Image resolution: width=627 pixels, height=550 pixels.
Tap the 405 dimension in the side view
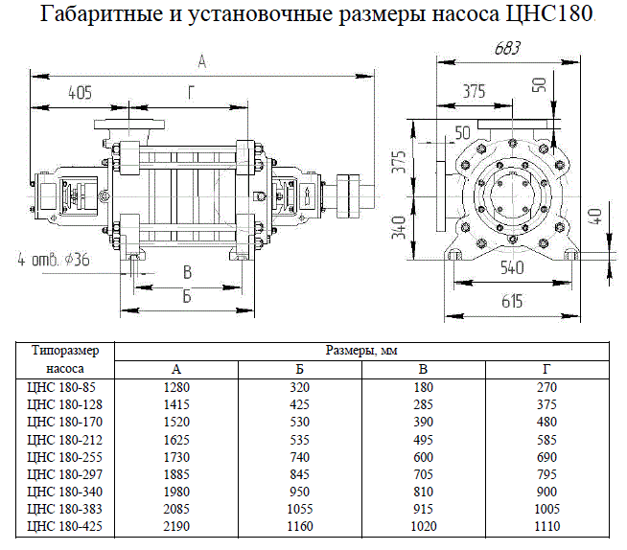click(80, 93)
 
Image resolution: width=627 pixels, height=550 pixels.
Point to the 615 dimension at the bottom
click(511, 302)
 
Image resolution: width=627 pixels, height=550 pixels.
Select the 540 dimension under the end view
click(511, 268)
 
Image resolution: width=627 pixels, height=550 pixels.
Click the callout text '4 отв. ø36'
click(53, 259)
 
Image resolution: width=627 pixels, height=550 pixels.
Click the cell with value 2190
click(175, 525)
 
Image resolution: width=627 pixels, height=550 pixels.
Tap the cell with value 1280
click(175, 387)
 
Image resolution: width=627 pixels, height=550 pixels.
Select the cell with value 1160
click(300, 525)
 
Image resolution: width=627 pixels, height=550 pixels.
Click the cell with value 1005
click(546, 508)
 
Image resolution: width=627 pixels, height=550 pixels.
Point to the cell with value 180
click(425, 387)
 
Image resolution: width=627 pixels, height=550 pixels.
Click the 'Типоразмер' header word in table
click(59, 350)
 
